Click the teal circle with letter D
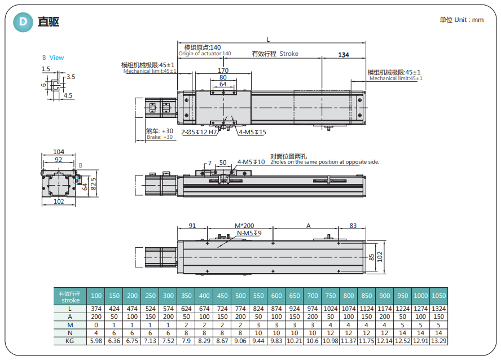pyautogui.click(x=23, y=22)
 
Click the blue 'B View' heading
pyautogui.click(x=53, y=58)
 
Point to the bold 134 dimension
pyautogui.click(x=343, y=55)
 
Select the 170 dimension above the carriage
pyautogui.click(x=223, y=71)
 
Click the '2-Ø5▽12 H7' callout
pyautogui.click(x=199, y=132)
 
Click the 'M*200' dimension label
pyautogui.click(x=244, y=226)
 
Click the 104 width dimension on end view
pyautogui.click(x=59, y=152)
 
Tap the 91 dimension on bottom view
pyautogui.click(x=192, y=226)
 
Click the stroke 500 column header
pyautogui.click(x=240, y=296)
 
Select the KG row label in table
pyautogui.click(x=70, y=341)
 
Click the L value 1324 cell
pyautogui.click(x=438, y=309)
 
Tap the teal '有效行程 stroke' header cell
pyautogui.click(x=70, y=297)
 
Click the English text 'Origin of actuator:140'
pyautogui.click(x=205, y=54)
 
